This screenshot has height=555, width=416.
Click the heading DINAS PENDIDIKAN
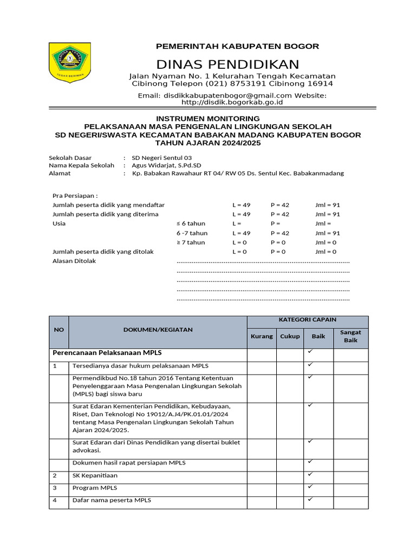(x=227, y=63)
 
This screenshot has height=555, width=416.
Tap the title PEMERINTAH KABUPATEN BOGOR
(x=238, y=46)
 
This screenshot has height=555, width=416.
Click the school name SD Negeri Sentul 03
(x=162, y=157)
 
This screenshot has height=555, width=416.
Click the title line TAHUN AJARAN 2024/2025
(x=208, y=143)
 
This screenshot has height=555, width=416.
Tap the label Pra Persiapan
(x=75, y=196)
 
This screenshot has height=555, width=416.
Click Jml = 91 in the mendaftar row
(x=327, y=205)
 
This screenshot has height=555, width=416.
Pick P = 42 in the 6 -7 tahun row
(x=280, y=233)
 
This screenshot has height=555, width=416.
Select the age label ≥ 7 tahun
(x=191, y=242)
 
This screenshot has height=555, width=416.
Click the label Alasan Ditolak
(x=74, y=261)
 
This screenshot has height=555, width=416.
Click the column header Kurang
(x=262, y=336)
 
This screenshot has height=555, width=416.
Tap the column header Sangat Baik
(x=350, y=336)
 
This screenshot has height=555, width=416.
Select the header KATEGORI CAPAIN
(x=307, y=320)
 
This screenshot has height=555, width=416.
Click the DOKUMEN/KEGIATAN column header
(x=158, y=330)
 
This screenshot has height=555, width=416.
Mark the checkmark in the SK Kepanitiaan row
(x=310, y=474)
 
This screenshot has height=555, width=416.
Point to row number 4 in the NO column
(x=55, y=500)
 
